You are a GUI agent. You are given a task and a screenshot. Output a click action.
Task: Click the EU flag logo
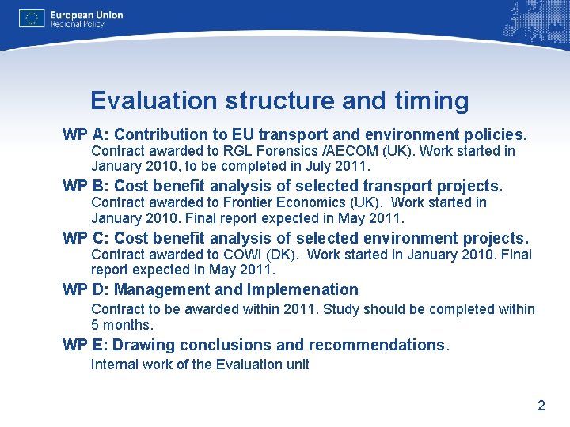click(32, 18)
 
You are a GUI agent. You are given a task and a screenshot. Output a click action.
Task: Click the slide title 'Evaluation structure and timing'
click(279, 100)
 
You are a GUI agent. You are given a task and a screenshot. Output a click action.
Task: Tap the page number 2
click(541, 406)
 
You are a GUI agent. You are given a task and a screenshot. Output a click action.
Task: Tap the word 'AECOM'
click(345, 151)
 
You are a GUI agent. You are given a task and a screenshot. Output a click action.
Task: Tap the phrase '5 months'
click(120, 325)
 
